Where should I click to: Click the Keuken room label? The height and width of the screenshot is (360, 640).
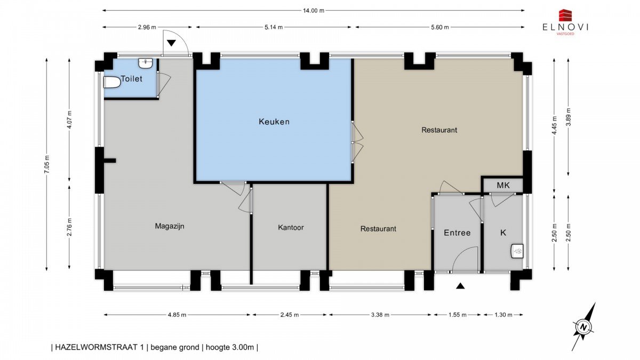coord(274,122)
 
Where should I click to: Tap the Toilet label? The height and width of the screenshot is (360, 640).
coord(131,78)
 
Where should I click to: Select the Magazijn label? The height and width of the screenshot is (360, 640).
coord(170,226)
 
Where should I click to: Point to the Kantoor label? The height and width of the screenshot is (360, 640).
coord(291,227)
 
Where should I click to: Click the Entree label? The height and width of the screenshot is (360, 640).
coord(457,233)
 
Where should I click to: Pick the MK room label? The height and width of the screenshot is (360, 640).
coord(503,186)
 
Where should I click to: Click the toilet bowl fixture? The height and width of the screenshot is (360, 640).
coord(111,83)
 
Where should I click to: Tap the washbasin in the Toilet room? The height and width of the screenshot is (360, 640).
coord(146,63)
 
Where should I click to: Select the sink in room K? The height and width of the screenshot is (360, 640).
coord(517,251)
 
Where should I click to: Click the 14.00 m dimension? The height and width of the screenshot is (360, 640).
coord(314,11)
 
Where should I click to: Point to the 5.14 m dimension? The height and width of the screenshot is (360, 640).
coord(274,27)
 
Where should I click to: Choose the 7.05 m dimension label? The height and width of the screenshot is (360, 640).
coord(47,164)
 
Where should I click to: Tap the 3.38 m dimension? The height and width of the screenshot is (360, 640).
coord(380,315)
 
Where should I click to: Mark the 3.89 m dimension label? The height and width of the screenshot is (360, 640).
coord(569,117)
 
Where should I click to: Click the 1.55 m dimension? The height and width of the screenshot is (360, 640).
coord(458,315)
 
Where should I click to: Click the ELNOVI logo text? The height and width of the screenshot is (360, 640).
coord(565,27)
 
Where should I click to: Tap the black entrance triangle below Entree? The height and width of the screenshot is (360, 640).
coord(460,286)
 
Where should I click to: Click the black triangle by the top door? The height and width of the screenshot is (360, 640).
coord(171,43)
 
